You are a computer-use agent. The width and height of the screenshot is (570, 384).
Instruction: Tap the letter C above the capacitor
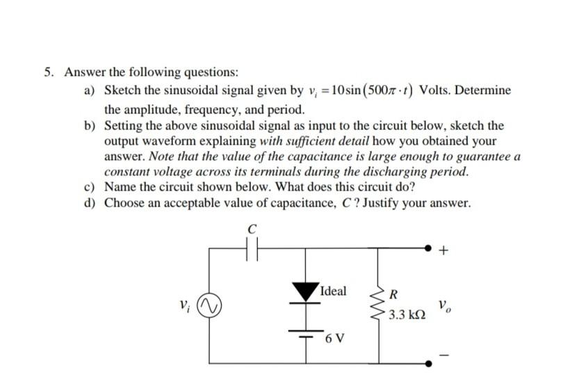click(x=252, y=227)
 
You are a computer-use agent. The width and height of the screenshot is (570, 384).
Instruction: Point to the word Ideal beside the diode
click(x=333, y=290)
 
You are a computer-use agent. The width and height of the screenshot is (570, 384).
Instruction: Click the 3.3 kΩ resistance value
click(x=407, y=314)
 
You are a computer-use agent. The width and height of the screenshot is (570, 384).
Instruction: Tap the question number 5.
click(x=49, y=72)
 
